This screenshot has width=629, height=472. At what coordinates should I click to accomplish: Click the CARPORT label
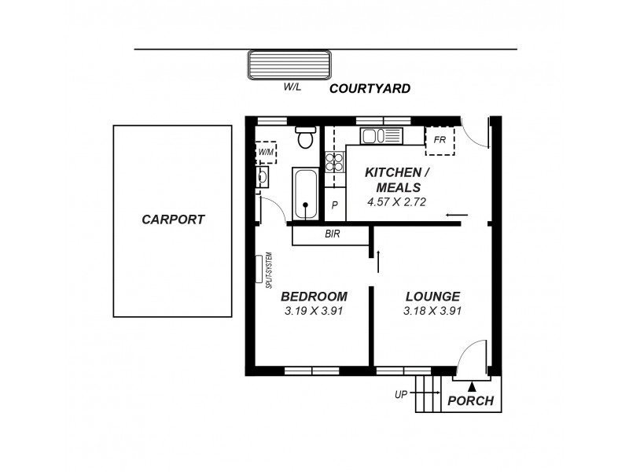(173, 219)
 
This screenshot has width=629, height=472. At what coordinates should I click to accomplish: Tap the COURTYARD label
(370, 89)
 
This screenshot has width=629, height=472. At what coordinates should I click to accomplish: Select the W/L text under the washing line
(292, 87)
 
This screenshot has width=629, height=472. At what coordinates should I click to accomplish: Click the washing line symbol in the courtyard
(289, 65)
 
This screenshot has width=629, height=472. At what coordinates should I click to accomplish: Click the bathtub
(304, 194)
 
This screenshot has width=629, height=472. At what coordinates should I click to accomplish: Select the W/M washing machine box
(267, 151)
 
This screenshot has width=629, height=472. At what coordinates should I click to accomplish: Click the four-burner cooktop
(335, 161)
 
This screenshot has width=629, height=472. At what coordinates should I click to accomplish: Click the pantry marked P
(334, 206)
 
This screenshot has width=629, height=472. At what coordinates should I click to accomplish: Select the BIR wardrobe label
(332, 234)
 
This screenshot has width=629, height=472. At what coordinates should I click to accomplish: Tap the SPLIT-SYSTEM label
(268, 269)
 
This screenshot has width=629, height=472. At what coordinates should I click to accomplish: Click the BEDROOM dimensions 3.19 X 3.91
(314, 311)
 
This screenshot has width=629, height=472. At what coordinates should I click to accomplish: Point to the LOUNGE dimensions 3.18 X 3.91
(432, 311)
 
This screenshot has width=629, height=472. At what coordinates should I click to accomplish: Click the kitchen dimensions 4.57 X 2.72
(395, 202)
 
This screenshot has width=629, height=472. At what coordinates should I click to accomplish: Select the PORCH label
(470, 400)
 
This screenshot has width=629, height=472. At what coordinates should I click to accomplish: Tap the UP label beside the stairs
(401, 394)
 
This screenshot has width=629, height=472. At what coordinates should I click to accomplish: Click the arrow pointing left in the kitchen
(456, 215)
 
